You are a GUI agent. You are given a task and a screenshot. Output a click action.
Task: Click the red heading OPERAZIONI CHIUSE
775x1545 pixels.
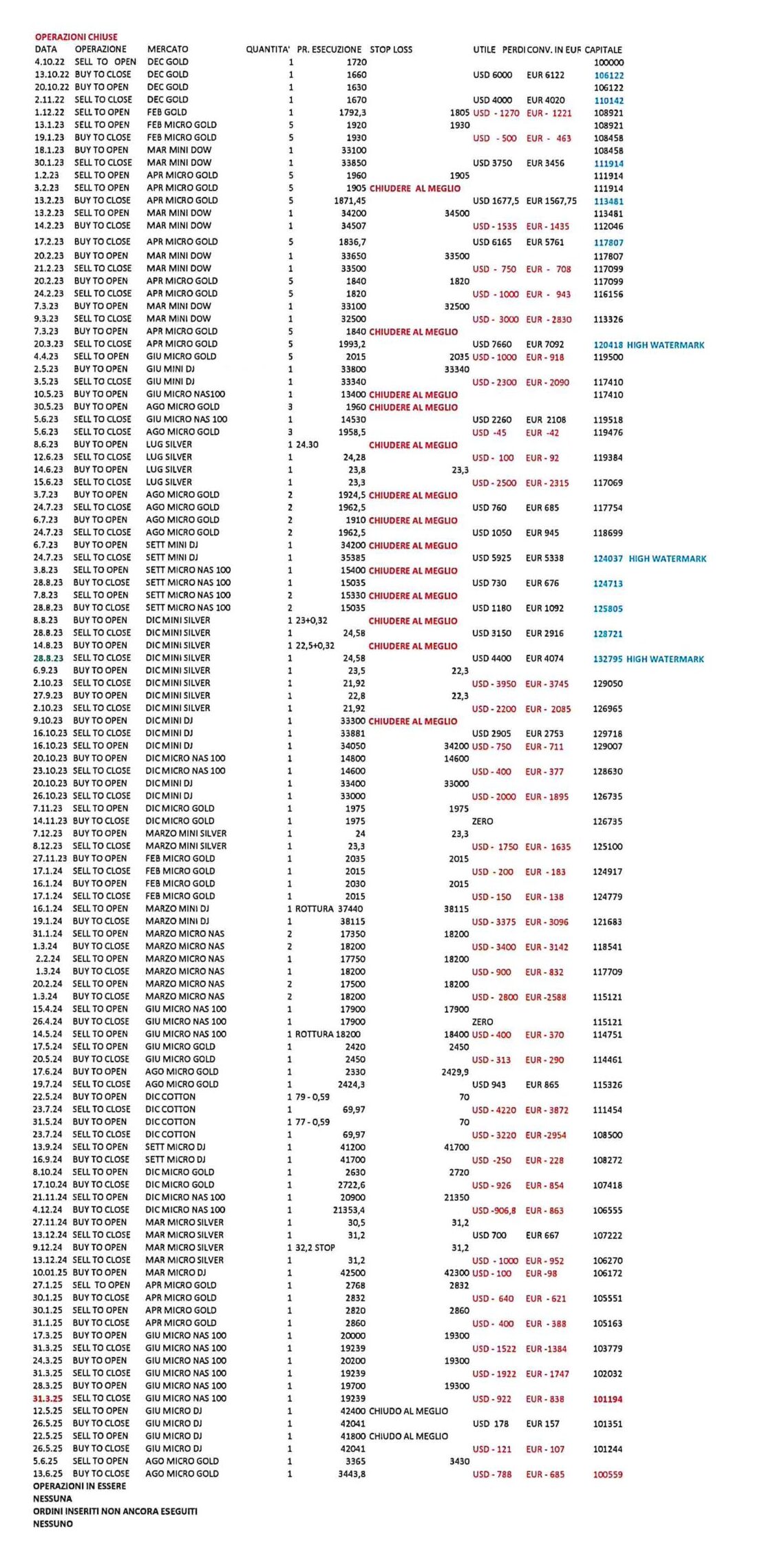click(76, 37)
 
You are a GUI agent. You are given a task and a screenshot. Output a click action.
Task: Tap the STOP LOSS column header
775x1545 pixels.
click(391, 50)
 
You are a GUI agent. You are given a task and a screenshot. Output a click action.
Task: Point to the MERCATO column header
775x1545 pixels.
click(167, 50)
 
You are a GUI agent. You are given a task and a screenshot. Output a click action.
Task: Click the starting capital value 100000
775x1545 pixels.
click(608, 63)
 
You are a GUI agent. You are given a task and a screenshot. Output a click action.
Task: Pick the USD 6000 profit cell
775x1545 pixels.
click(492, 75)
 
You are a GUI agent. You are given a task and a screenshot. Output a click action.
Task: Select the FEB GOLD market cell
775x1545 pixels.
click(167, 112)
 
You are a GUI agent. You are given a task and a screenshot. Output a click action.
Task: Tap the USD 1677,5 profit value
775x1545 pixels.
click(496, 201)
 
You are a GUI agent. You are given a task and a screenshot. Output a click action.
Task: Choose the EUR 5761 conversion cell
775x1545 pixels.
click(545, 242)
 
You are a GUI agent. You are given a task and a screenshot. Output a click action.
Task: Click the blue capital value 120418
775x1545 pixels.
click(608, 345)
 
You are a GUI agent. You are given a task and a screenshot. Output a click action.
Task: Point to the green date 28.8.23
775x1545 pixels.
click(48, 658)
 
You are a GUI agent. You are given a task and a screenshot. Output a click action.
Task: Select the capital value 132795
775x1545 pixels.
click(608, 659)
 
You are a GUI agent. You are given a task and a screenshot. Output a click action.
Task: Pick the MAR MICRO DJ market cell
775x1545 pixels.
click(176, 1272)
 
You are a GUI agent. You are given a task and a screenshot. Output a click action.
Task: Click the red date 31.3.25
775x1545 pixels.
click(47, 1398)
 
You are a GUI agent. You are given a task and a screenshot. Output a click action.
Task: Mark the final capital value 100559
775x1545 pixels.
click(608, 1474)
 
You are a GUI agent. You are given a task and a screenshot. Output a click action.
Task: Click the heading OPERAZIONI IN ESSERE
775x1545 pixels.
click(80, 1486)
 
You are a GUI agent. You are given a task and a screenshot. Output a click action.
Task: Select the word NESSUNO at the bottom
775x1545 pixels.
click(53, 1524)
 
